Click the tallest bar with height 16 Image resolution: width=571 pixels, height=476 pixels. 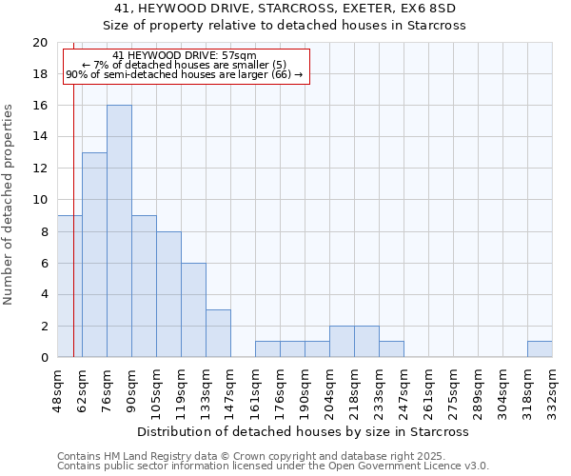pos(119,231)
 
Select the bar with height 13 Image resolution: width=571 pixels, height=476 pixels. pos(94,254)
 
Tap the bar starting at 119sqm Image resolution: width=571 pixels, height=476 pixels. pos(193,309)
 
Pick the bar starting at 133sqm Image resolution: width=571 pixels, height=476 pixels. pos(218,333)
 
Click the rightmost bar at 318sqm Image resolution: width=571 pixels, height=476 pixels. pos(540,349)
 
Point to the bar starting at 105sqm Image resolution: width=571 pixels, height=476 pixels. pos(168,294)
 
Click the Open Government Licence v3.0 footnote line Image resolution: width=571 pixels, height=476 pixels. pos(273,466)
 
